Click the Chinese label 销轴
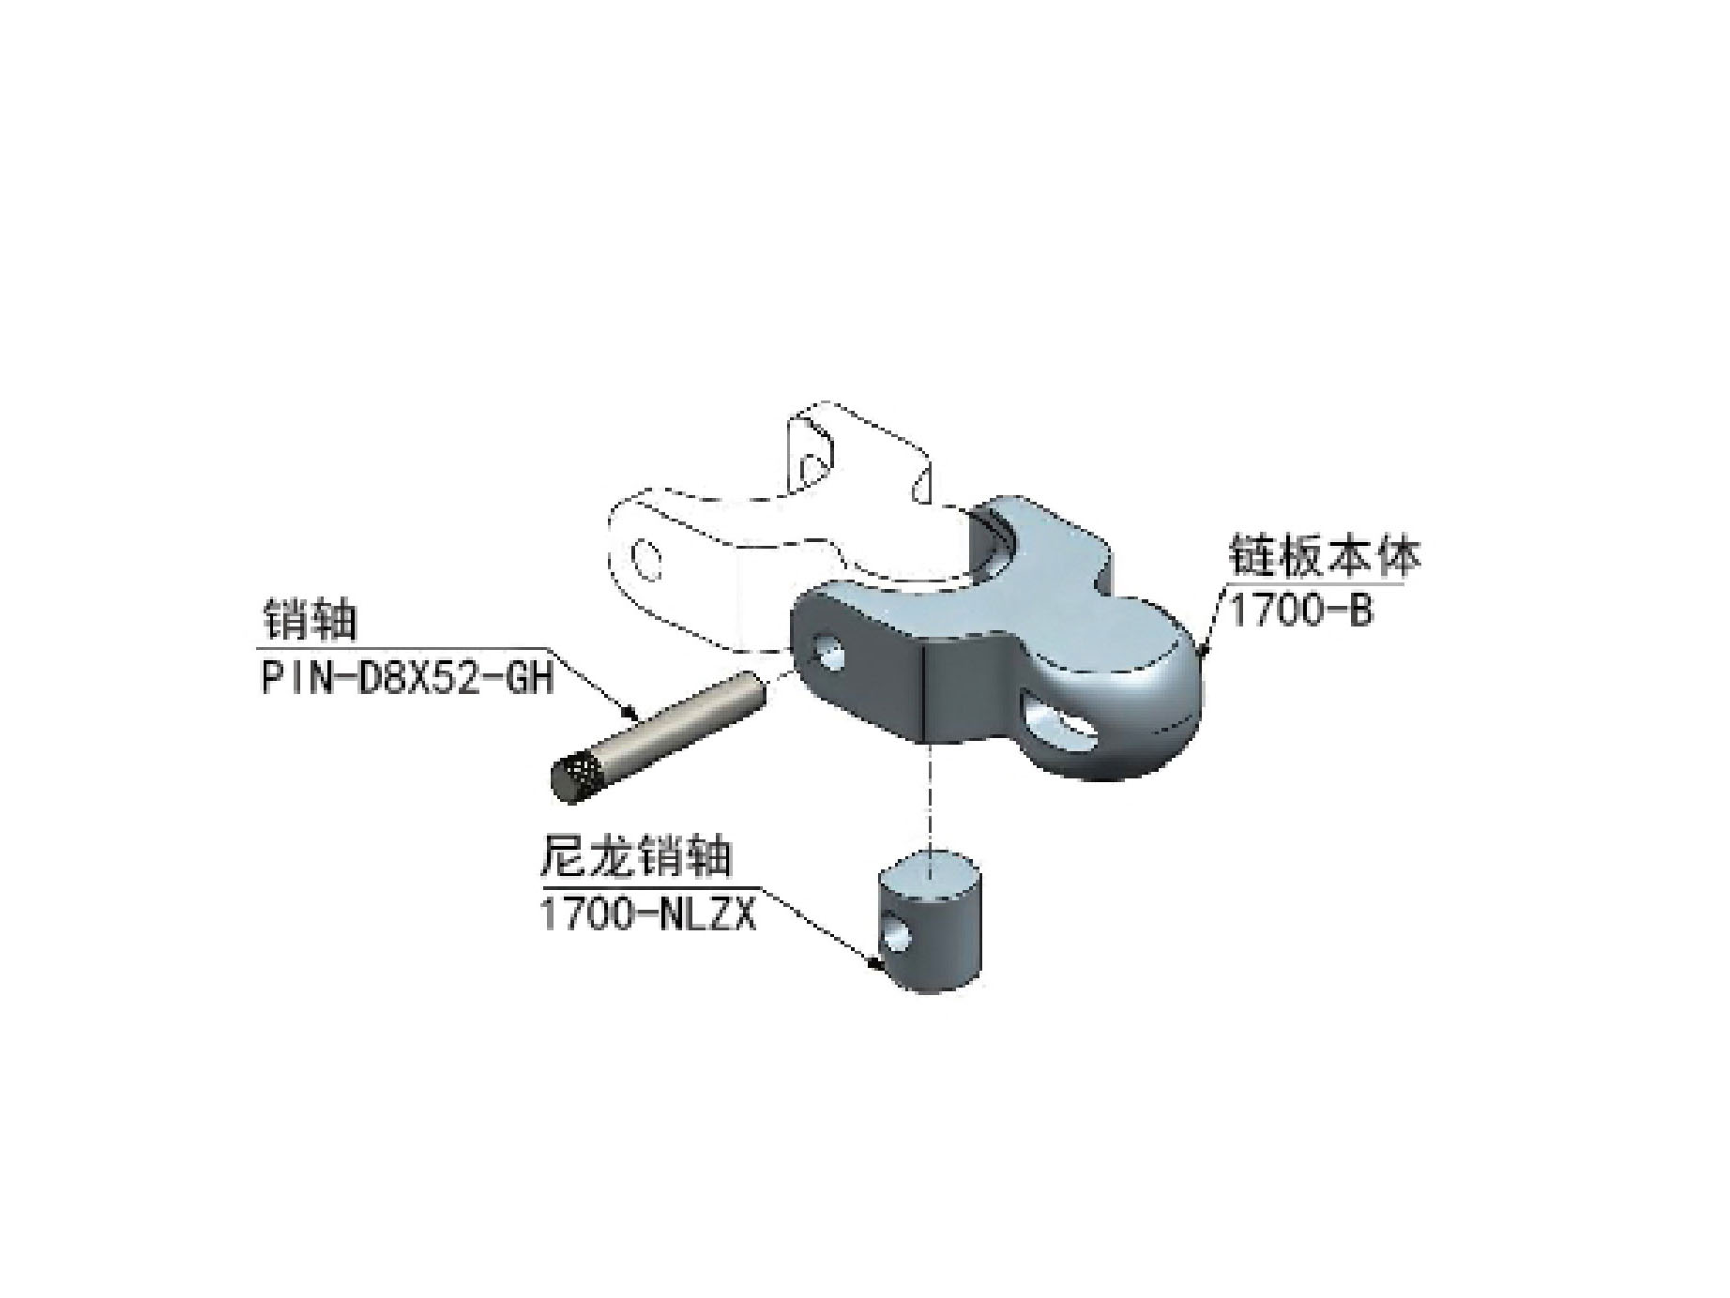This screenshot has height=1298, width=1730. (307, 620)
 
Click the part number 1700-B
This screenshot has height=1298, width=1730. (1300, 612)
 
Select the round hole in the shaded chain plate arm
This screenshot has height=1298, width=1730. (827, 651)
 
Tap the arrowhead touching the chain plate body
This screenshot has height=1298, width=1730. (1203, 650)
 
